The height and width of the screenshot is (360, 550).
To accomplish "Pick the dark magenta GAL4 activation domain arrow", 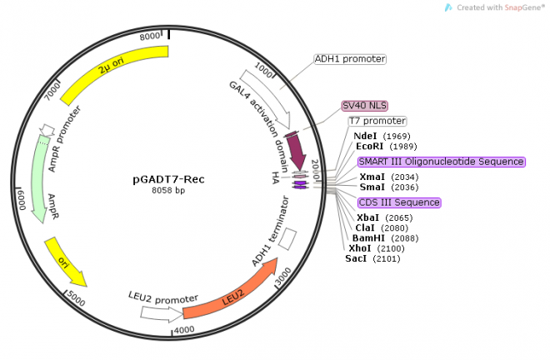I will [297, 150].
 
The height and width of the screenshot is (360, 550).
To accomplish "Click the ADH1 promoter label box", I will [350, 59].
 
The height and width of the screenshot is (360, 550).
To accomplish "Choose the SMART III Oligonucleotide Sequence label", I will [441, 162].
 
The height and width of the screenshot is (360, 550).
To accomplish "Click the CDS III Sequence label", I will [399, 202].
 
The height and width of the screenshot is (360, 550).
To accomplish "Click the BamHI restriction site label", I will [367, 237].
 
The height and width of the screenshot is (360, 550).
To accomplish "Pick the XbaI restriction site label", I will [367, 217].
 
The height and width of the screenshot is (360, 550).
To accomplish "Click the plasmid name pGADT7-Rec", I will [168, 179].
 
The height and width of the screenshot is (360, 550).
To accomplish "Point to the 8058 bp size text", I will [168, 192].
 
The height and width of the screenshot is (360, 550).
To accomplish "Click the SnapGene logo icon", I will [448, 7].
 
